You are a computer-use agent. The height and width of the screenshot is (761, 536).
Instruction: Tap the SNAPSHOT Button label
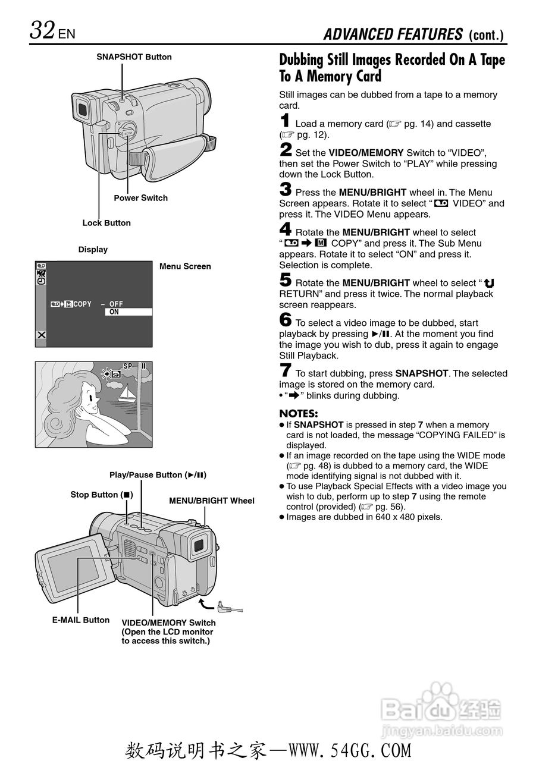click(134, 57)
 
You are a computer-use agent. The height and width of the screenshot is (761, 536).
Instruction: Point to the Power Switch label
click(140, 198)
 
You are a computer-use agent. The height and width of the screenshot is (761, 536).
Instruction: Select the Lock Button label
click(106, 223)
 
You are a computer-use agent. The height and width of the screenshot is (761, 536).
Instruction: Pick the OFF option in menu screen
click(116, 304)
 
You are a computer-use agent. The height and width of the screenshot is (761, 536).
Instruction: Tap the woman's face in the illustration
click(89, 399)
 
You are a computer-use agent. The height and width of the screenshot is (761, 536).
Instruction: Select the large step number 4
click(286, 230)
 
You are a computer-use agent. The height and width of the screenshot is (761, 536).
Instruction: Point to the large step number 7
click(286, 371)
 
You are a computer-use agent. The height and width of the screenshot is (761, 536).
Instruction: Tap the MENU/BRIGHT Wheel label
click(211, 501)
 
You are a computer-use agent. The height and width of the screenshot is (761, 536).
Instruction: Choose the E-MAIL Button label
click(81, 620)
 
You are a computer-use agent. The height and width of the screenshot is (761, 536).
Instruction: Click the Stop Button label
click(102, 495)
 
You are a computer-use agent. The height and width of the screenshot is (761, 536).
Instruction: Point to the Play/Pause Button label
click(158, 475)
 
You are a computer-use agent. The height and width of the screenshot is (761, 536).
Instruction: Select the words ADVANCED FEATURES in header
click(393, 34)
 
